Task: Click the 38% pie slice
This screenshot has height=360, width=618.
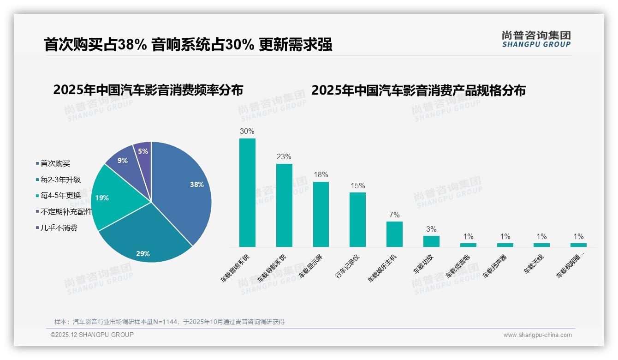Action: pos(184,189)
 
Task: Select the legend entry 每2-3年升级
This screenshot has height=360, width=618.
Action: pos(60,180)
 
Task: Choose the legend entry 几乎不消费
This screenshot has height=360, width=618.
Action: pos(59,228)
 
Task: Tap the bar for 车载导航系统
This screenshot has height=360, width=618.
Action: pos(284,205)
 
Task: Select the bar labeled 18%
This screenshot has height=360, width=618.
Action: pos(321,214)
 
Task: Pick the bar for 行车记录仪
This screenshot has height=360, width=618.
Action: pos(357,220)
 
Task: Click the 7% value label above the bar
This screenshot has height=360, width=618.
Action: pos(394,215)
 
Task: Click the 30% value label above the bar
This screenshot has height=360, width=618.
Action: pos(247,131)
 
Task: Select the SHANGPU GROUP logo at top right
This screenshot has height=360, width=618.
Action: pos(536,39)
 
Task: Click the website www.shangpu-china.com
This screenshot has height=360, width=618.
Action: pos(537,335)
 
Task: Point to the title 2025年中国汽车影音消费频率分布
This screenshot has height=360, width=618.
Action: pos(148,90)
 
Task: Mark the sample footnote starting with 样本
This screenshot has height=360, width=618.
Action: pos(169,322)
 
